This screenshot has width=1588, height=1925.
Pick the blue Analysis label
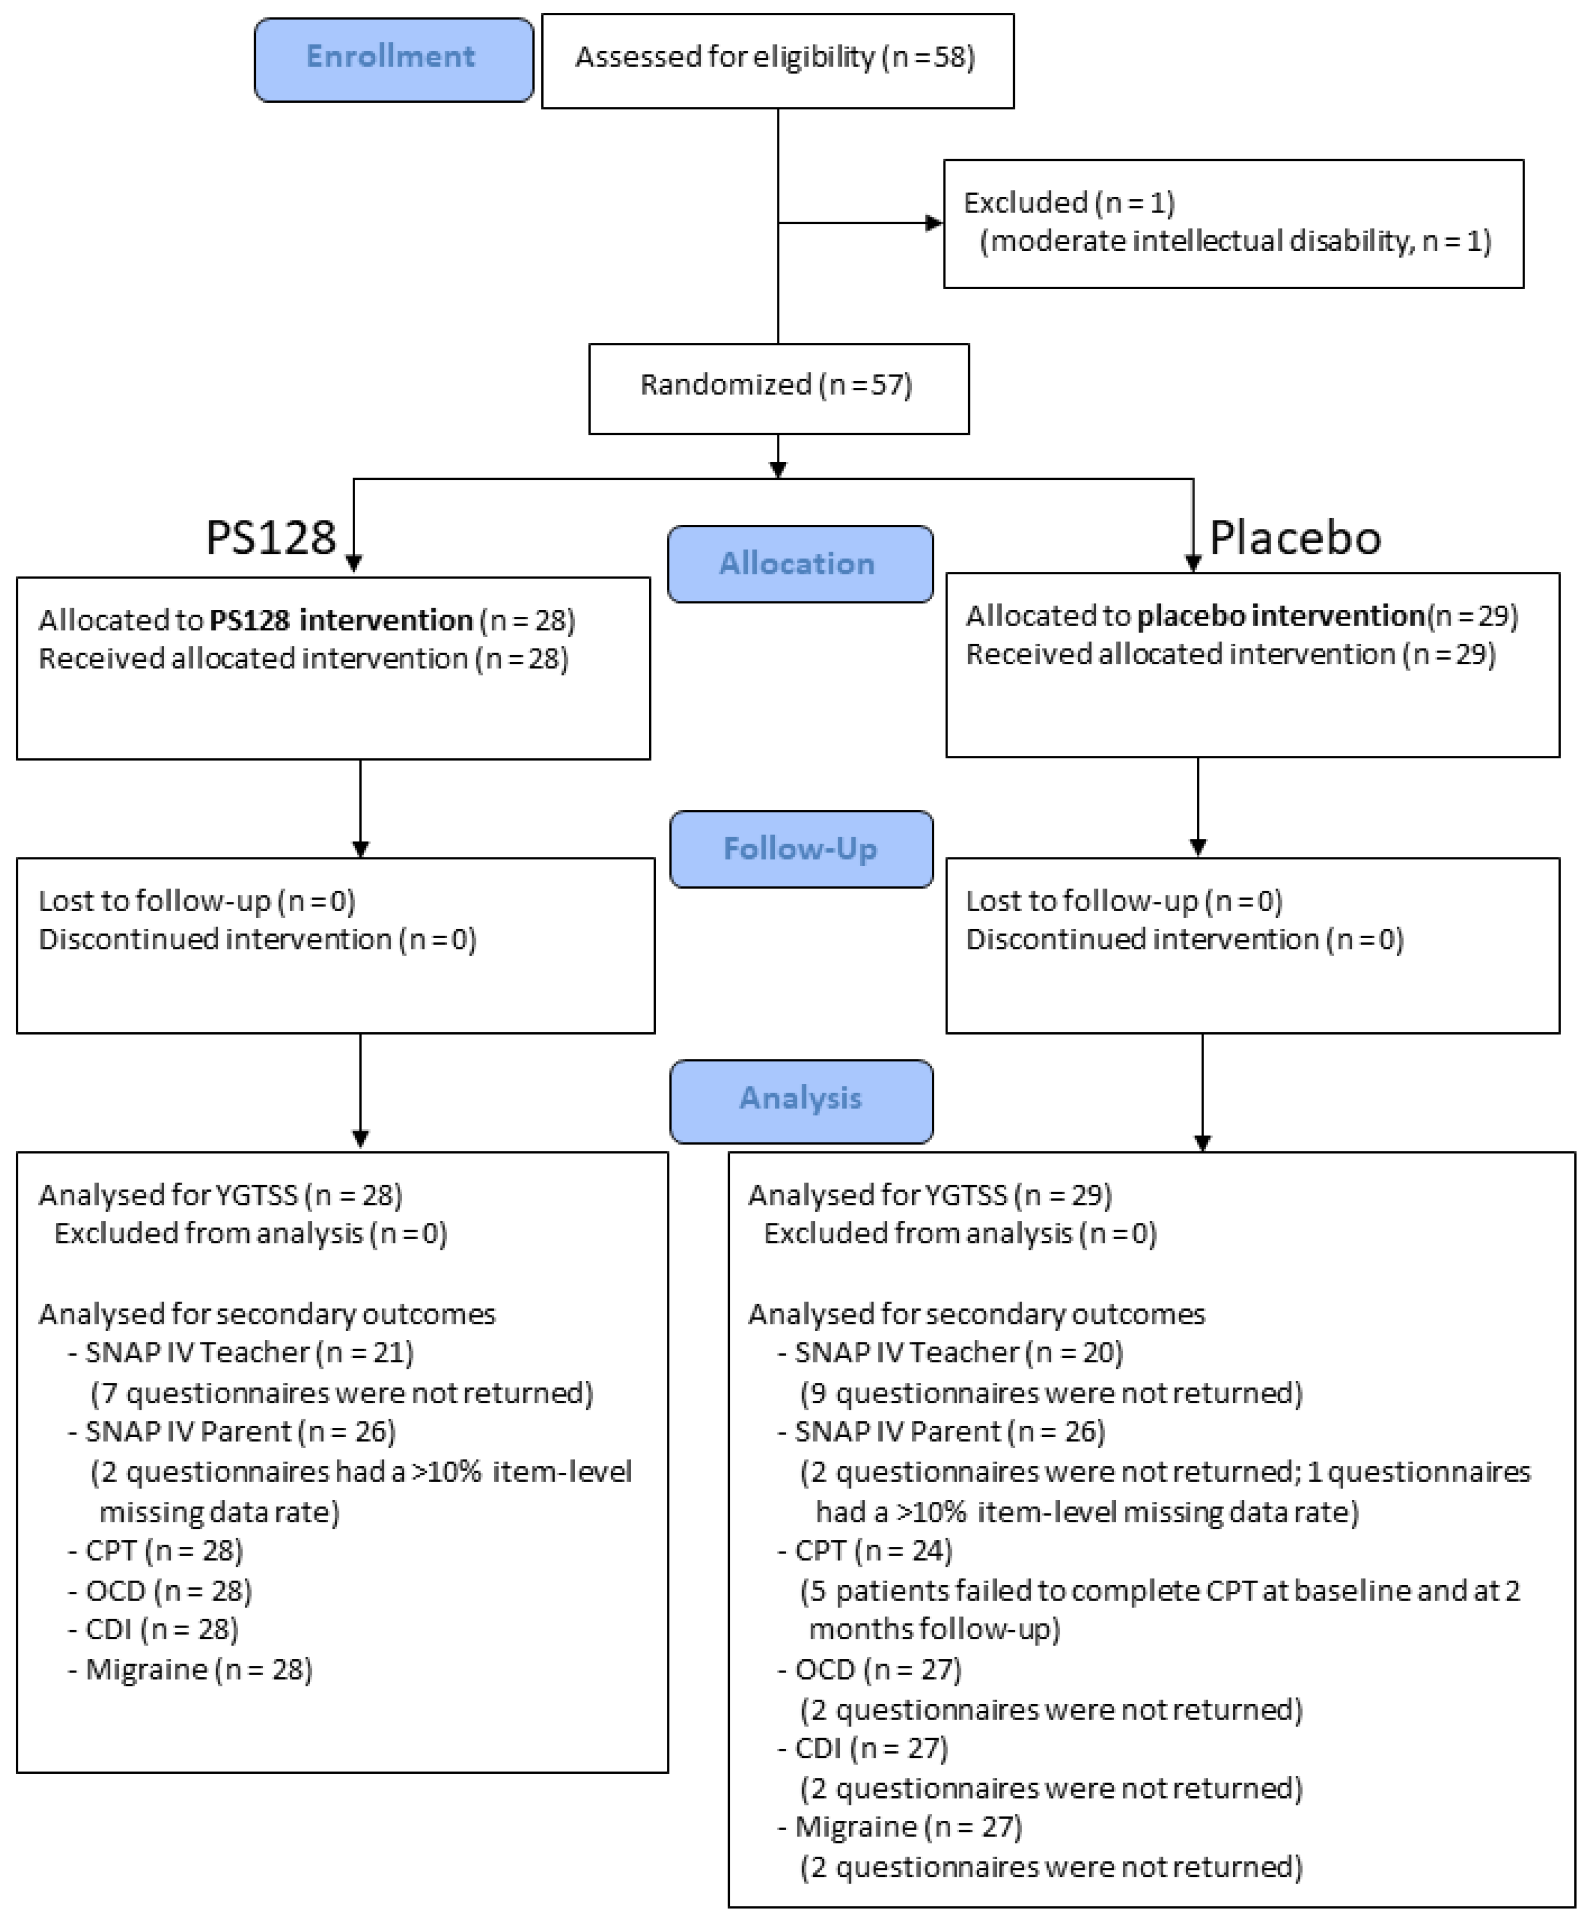(801, 1098)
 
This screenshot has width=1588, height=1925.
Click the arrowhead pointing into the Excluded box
(934, 222)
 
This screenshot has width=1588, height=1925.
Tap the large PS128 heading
(271, 537)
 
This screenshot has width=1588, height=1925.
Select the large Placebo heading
(1294, 537)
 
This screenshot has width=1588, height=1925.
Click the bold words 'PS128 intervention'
(340, 620)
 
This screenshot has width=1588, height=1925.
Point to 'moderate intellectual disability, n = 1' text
(1235, 241)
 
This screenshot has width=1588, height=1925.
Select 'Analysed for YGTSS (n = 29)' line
(929, 1195)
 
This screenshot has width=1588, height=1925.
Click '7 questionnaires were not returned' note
(341, 1393)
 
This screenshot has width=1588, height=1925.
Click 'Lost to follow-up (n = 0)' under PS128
(197, 901)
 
